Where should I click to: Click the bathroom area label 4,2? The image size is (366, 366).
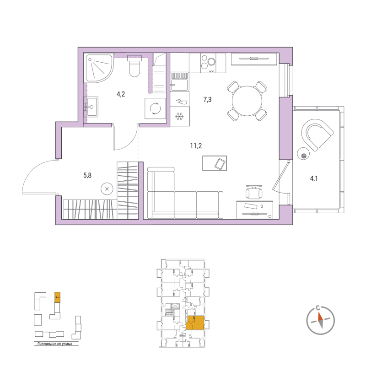click(x=121, y=95)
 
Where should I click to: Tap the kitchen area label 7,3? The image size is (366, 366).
click(x=207, y=98)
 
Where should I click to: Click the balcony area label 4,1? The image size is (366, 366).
click(x=314, y=179)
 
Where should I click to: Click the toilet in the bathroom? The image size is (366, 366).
click(x=135, y=67)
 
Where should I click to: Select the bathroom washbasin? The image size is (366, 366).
click(x=91, y=107)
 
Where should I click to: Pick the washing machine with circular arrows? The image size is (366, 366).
click(x=155, y=108)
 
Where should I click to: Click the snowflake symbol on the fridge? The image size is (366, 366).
click(x=180, y=116)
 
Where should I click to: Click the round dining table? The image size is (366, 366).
click(x=247, y=100)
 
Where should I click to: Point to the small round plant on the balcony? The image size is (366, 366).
click(x=303, y=155)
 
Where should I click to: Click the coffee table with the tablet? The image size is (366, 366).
click(x=217, y=163)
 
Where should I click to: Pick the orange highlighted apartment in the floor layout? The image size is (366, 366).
click(x=195, y=323)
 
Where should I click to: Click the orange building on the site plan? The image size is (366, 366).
click(x=57, y=297)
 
